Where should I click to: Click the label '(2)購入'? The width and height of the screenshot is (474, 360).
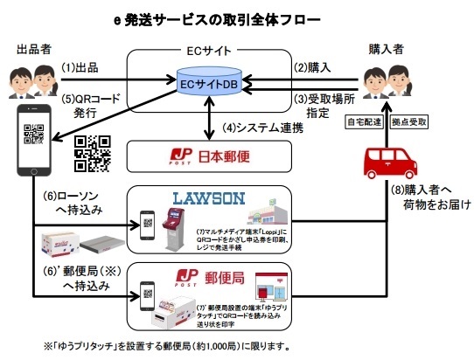tap(311, 68)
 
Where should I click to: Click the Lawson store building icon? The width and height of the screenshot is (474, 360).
tap(268, 225)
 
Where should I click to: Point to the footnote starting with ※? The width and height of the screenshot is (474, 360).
tap(180, 345)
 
